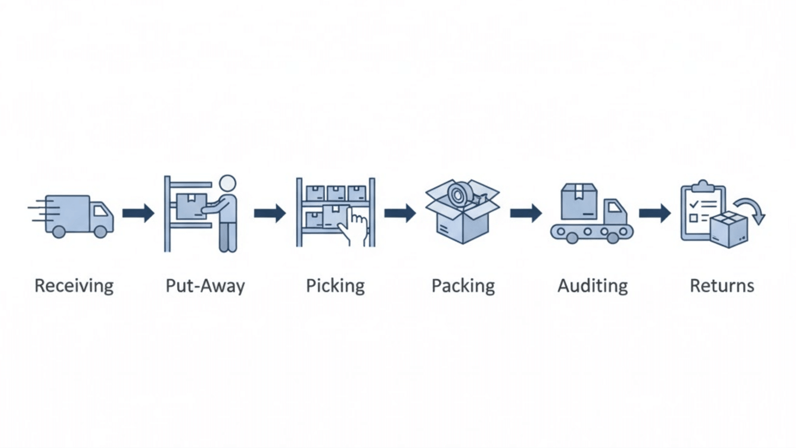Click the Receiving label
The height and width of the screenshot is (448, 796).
pyautogui.click(x=74, y=286)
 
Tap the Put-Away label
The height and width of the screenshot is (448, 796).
pyautogui.click(x=205, y=286)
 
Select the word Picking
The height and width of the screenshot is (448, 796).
pyautogui.click(x=335, y=286)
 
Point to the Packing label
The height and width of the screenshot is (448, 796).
pyautogui.click(x=463, y=286)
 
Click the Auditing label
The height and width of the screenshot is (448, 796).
pyautogui.click(x=592, y=286)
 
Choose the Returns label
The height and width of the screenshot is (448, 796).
pyautogui.click(x=722, y=286)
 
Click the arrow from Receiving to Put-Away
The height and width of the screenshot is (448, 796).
pyautogui.click(x=138, y=213)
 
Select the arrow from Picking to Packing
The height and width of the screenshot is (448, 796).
pyautogui.click(x=400, y=213)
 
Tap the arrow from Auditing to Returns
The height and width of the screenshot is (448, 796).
pyautogui.click(x=655, y=213)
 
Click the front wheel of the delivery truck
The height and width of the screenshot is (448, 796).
pyautogui.click(x=101, y=232)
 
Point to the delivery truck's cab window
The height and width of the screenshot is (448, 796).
pyautogui.click(x=100, y=211)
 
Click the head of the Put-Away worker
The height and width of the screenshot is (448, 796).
pyautogui.click(x=227, y=184)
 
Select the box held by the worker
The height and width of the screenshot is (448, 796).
pyautogui.click(x=191, y=206)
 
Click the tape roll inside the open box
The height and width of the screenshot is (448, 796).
pyautogui.click(x=458, y=193)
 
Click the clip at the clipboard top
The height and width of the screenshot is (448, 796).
pyautogui.click(x=703, y=185)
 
